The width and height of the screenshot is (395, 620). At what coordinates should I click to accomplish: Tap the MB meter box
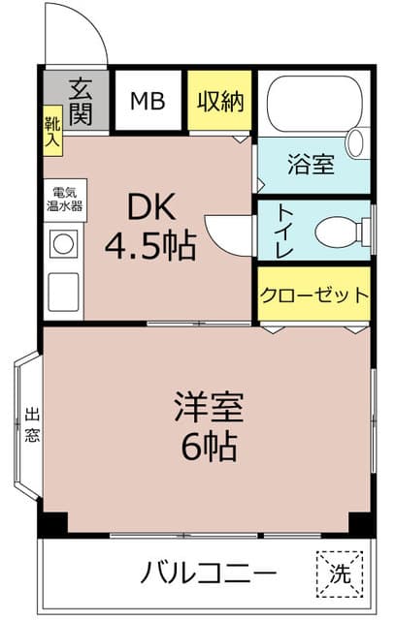[148, 101]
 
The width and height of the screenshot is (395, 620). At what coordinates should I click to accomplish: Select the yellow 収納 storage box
[220, 101]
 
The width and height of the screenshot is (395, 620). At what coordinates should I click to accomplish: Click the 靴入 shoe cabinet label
[50, 133]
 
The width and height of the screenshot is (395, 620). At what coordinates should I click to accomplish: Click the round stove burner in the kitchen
[63, 244]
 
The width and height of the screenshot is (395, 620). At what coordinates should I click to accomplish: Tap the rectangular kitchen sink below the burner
[63, 290]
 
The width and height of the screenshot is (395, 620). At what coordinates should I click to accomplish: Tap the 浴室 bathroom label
[312, 165]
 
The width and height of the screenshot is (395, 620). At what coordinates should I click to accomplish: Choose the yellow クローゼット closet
[313, 294]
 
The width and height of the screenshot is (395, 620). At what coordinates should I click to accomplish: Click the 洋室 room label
[208, 404]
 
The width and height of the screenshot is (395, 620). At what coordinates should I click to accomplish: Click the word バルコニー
[208, 572]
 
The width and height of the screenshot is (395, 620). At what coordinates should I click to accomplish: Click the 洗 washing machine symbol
[339, 572]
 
